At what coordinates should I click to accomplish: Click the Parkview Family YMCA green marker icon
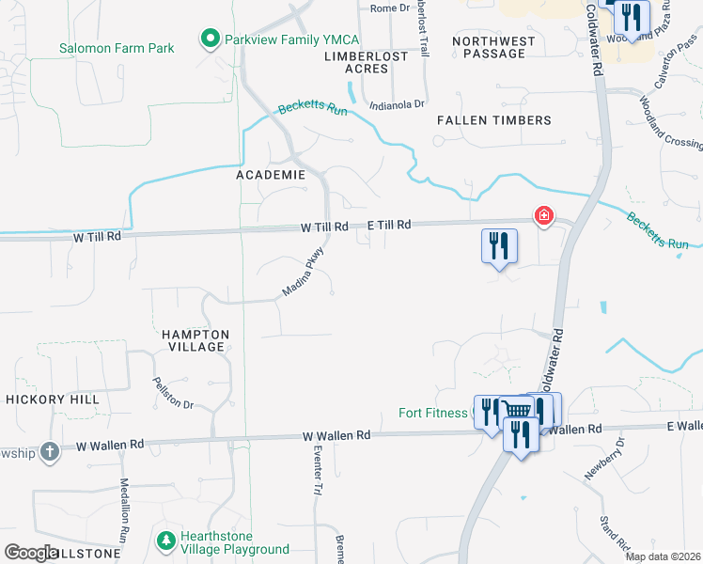[x=209, y=39]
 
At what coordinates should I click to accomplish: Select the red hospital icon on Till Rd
[x=543, y=217]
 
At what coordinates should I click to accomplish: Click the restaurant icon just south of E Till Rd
[x=499, y=245]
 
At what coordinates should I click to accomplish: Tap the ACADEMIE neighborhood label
[x=271, y=175]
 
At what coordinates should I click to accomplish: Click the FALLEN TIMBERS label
[x=493, y=120]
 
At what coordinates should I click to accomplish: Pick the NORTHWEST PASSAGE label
[x=493, y=47]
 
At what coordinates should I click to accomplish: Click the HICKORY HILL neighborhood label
[x=53, y=399]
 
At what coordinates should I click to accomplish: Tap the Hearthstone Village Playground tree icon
[x=165, y=541]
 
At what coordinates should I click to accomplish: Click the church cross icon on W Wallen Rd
[x=49, y=451]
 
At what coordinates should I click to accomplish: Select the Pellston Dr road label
[x=172, y=393]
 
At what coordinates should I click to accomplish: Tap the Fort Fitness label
[x=432, y=413]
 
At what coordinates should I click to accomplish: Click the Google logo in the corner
[x=32, y=552]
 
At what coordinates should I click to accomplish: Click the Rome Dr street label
[x=391, y=8]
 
